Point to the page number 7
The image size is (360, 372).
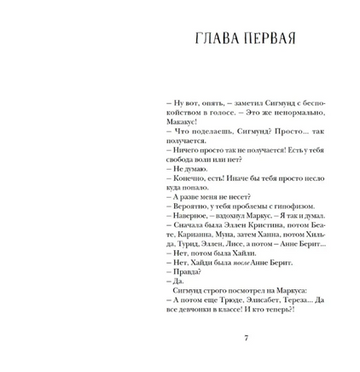coord(247,339)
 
